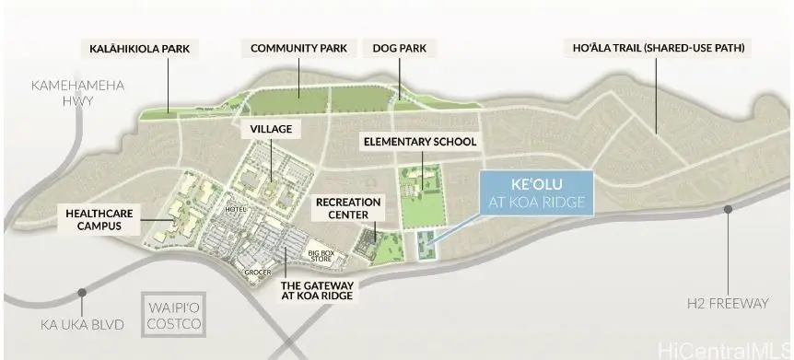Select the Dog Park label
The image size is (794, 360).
pyautogui.click(x=400, y=47)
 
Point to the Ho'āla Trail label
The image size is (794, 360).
pyautogui.click(x=656, y=47)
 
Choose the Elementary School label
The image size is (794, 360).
pyautogui.click(x=420, y=142)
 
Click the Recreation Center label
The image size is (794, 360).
pyautogui.click(x=343, y=207)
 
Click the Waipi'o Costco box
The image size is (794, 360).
pyautogui.click(x=174, y=317)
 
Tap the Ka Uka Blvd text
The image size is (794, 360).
pyautogui.click(x=79, y=324)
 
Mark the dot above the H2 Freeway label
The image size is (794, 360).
pyautogui.click(x=729, y=209)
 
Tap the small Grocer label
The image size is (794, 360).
pyautogui.click(x=257, y=272)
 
